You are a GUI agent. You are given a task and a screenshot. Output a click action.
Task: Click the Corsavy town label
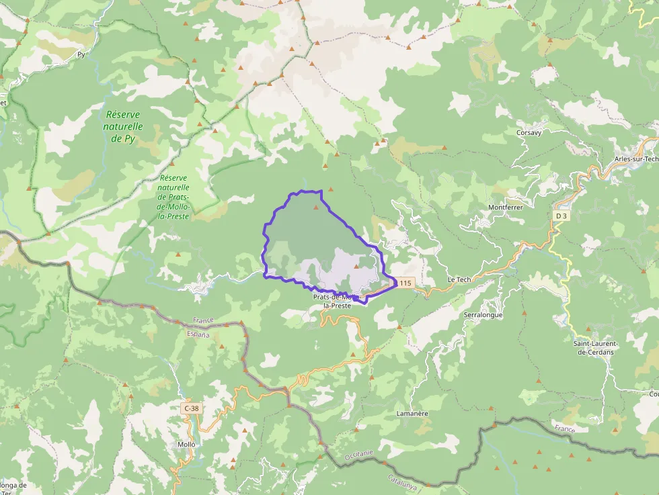click(529, 132)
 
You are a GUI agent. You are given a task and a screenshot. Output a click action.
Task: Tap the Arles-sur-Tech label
click(635, 159)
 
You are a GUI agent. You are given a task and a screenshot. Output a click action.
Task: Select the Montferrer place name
click(506, 207)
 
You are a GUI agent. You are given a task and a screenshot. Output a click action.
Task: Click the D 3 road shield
click(561, 216)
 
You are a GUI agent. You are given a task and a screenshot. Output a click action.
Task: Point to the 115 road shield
click(404, 283)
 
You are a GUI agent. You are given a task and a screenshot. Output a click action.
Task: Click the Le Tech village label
click(460, 279)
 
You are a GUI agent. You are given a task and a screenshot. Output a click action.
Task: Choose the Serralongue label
click(483, 314)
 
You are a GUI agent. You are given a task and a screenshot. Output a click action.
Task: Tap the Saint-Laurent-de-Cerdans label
click(595, 347)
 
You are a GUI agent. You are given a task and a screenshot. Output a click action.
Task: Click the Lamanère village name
click(412, 414)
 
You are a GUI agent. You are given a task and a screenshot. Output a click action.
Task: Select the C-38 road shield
click(191, 408)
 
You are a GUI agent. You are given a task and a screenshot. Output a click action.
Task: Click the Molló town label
click(186, 445)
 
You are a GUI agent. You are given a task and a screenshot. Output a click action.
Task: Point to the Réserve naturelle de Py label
click(124, 126)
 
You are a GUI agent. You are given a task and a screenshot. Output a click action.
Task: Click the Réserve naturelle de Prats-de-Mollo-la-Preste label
click(173, 197)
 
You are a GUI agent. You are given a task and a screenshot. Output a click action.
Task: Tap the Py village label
click(81, 54)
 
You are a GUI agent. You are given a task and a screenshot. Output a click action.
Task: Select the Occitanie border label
click(358, 455)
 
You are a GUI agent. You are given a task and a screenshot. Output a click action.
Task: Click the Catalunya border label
click(401, 481)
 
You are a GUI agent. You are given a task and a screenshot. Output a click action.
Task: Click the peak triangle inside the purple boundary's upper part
click(315, 208)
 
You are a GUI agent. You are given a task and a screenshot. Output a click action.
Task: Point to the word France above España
click(202, 320)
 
